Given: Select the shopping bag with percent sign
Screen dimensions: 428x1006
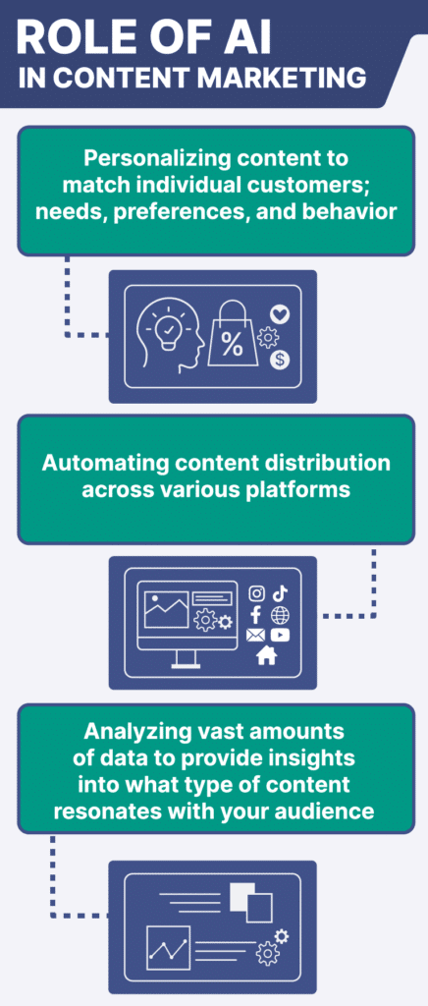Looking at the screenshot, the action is coord(232,336).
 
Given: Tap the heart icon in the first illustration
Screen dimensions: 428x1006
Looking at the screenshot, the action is coord(280,314).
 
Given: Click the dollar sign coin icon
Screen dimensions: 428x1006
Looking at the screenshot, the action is coord(280,360).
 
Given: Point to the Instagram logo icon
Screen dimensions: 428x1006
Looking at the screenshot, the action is coord(256,594).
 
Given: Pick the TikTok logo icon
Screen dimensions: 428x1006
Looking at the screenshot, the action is coord(280,594).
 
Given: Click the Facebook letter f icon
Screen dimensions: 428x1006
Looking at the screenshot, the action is coord(255,615).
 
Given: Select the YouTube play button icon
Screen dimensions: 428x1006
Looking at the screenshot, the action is coord(280,636).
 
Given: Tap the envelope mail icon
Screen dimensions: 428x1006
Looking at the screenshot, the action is coord(255,636).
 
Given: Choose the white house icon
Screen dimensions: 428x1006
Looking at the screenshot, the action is coord(266,655).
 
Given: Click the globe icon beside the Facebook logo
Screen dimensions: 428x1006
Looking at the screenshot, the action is coord(280,615).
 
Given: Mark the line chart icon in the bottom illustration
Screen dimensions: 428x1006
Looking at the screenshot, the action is coord(169,948).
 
